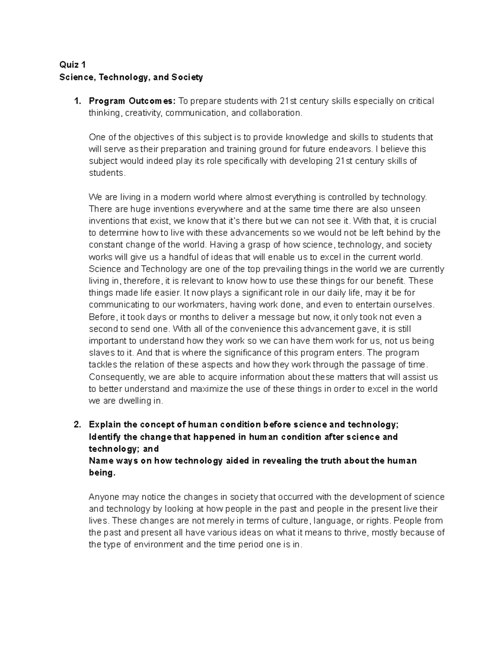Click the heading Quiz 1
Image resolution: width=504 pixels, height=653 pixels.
pyautogui.click(x=73, y=65)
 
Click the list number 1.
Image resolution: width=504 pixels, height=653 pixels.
pyautogui.click(x=76, y=101)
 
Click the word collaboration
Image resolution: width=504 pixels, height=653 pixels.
pyautogui.click(x=275, y=113)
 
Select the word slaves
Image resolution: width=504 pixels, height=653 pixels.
pyautogui.click(x=101, y=352)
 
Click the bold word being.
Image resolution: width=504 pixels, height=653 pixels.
pyautogui.click(x=102, y=473)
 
